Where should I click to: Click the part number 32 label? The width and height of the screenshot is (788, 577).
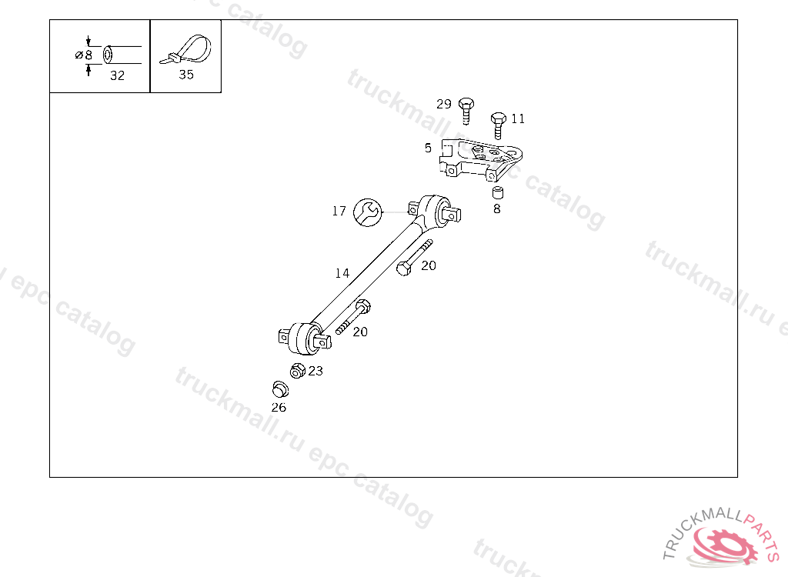coord(117,75)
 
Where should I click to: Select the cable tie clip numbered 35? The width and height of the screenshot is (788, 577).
coord(185,51)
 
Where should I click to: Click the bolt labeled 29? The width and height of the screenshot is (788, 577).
coord(465,110)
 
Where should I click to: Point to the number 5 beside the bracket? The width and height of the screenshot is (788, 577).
coord(428,148)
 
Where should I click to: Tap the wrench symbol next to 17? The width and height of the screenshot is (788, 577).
coord(366,212)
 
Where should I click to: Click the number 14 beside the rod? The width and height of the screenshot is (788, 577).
coord(342,273)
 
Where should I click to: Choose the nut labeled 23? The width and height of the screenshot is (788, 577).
coord(297,371)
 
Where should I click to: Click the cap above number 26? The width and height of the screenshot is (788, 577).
coord(279,389)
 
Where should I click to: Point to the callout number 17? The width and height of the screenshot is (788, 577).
coord(339,211)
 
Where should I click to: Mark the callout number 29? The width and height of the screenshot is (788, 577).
coord(444,104)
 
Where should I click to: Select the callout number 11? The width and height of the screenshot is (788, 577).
coord(518,118)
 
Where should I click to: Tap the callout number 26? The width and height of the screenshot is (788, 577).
coord(279,407)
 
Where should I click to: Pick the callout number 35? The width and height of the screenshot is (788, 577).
coord(185,75)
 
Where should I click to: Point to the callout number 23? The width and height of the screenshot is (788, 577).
coord(316,371)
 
